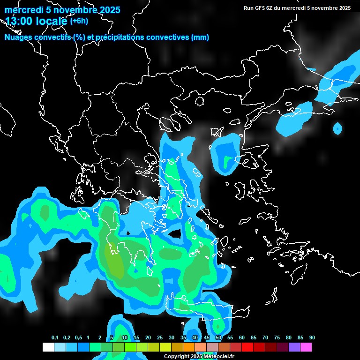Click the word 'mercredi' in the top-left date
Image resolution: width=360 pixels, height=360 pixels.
point(21,10)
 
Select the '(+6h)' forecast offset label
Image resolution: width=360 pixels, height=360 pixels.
point(79,21)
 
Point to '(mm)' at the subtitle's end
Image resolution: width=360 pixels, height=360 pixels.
point(200,37)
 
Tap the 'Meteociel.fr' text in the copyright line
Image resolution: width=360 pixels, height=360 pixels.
point(219,357)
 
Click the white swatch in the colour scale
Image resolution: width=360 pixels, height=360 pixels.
point(48,347)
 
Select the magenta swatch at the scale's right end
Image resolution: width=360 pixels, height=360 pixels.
point(306,347)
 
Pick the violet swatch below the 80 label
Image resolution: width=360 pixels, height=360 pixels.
point(294,347)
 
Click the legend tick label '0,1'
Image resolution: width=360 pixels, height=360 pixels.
point(55,338)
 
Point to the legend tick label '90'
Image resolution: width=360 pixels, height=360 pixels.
point(312,338)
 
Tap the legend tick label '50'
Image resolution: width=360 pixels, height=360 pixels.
point(218,338)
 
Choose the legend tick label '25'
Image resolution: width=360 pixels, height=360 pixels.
point(160,338)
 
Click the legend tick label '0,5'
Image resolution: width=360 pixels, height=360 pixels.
point(78,338)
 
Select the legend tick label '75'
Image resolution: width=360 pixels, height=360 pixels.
point(277,338)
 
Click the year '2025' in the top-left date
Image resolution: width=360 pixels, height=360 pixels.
point(107,10)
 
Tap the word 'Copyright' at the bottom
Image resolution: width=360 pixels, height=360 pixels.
point(176,357)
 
